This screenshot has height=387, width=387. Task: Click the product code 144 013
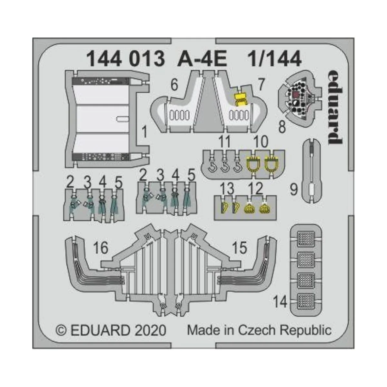121,59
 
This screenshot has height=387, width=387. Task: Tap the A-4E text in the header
202,59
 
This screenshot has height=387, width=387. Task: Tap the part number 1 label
144,132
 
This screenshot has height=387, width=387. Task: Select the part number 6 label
174,85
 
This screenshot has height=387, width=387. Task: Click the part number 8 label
282,127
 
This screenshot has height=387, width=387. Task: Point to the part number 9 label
293,190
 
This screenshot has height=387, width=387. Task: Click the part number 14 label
280,302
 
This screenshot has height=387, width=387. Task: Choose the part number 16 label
100,248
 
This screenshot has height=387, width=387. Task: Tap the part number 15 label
239,248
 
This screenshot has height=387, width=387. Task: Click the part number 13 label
227,188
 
